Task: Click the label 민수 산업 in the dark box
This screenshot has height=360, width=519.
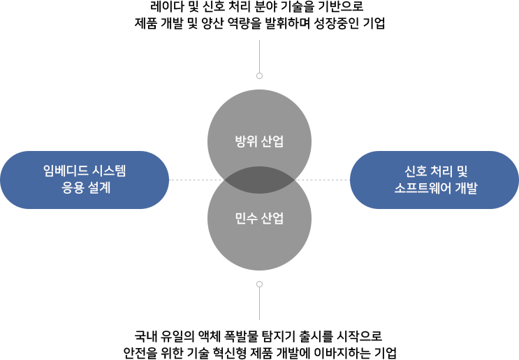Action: click(x=259, y=218)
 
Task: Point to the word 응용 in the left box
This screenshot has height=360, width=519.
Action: click(x=72, y=188)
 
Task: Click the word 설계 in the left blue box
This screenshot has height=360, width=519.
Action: click(x=98, y=188)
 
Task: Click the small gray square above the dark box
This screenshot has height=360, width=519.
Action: click(x=259, y=75)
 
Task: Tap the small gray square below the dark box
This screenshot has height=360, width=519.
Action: click(x=259, y=284)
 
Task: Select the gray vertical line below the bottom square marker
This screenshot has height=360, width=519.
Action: click(x=259, y=305)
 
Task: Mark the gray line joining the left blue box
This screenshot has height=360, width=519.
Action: click(x=187, y=180)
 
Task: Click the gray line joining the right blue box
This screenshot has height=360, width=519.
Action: click(x=330, y=180)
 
